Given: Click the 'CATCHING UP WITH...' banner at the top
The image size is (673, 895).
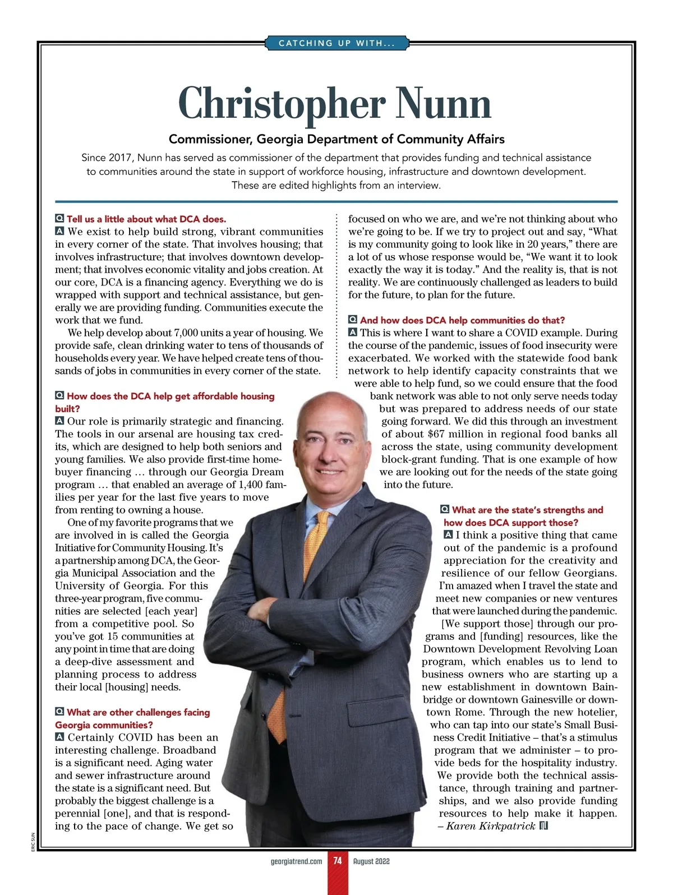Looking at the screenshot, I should click(x=336, y=43).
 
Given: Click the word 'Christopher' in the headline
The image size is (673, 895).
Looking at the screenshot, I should click(x=282, y=104).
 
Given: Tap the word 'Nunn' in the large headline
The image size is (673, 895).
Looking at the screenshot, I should click(x=444, y=104).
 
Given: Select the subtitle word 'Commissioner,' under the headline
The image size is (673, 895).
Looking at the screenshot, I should click(x=211, y=139).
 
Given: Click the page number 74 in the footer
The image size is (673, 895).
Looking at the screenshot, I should click(x=337, y=861).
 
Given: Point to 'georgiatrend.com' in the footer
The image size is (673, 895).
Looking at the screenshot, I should click(x=296, y=861).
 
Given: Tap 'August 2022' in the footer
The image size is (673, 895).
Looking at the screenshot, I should click(x=371, y=861).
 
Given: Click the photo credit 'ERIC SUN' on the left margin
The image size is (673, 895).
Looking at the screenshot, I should click(x=34, y=841).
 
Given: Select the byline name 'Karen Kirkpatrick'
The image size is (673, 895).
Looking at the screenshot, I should click(x=491, y=826).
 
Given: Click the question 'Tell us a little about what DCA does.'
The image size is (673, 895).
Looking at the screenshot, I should click(x=146, y=219).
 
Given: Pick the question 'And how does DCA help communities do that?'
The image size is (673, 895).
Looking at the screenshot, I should click(x=462, y=320).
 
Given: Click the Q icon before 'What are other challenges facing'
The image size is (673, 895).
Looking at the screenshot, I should click(x=59, y=712).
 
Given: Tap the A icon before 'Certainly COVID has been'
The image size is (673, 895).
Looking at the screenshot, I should click(x=59, y=737).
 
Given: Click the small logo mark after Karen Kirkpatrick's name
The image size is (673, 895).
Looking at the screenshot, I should click(x=543, y=826).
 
